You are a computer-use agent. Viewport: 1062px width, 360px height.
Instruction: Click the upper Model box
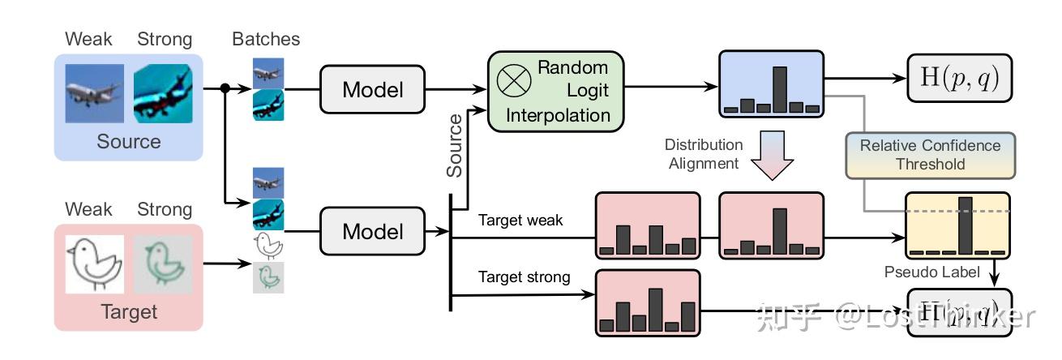pos(372,89)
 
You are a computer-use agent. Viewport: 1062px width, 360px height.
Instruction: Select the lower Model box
pos(372,231)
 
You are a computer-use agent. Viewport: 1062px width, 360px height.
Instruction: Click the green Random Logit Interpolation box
pos(556,91)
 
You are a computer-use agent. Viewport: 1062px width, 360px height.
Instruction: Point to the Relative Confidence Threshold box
pos(930,155)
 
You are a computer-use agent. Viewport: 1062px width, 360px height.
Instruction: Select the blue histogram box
pos(771,84)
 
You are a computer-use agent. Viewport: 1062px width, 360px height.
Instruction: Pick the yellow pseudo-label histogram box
pos(957,225)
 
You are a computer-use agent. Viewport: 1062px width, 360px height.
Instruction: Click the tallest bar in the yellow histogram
pos(965,225)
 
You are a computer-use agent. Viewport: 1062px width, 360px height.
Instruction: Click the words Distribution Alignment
pos(703,154)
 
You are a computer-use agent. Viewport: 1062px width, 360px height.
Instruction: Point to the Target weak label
pos(520,221)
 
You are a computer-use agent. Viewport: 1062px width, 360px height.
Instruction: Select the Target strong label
pos(524,277)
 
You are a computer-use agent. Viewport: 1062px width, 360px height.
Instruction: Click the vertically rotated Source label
pos(455,146)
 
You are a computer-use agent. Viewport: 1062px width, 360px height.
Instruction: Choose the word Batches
pos(266,39)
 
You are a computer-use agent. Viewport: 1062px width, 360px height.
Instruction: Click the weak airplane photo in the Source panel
pos(95,93)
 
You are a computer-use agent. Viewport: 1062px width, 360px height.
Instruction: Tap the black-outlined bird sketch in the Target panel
pos(94,264)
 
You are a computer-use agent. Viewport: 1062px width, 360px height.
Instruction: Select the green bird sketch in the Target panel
pos(163,264)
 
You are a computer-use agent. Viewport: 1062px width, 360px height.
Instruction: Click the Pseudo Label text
pos(931,272)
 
